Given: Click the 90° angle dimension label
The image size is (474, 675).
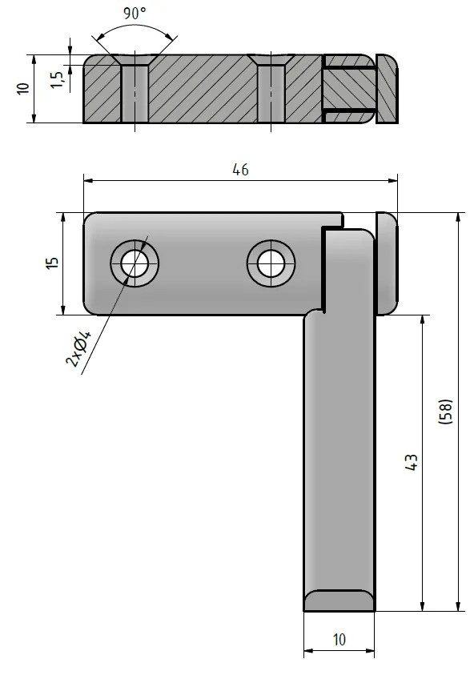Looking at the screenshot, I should point(134,14).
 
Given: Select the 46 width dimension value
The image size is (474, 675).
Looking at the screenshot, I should point(240,170).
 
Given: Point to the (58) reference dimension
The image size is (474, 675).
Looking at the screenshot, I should point(446,412).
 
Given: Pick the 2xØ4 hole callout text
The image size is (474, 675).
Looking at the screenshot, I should point(78,350).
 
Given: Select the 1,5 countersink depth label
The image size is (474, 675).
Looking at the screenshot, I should point(55,79).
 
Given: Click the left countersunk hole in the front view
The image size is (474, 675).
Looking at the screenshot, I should point(135,263).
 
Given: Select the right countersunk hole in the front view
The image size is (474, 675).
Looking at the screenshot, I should point(271,263).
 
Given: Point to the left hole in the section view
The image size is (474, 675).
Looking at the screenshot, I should point(135,93).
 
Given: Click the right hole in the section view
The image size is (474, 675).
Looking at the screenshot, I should point(271,93).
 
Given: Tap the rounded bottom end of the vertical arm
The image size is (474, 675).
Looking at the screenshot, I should point(339,599).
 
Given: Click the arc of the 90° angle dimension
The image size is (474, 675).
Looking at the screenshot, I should point(135,26).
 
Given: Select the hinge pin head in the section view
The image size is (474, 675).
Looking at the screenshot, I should point(387,88).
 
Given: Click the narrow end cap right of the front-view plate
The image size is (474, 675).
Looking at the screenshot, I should point(386,263).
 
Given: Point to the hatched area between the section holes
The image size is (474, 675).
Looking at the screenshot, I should point(200,88).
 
